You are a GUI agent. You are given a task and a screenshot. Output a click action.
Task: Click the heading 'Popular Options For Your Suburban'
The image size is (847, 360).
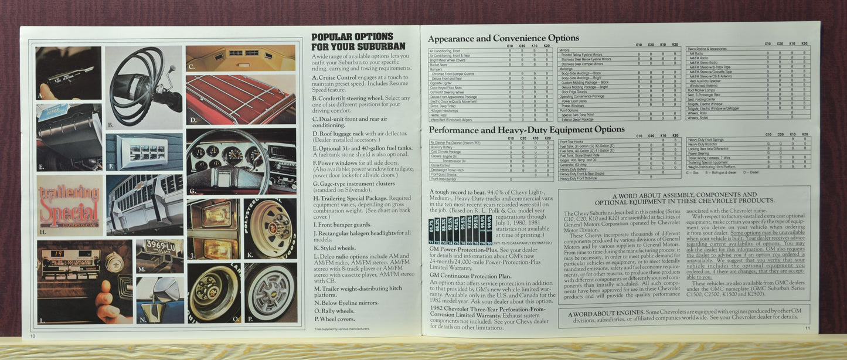click(x=358, y=41)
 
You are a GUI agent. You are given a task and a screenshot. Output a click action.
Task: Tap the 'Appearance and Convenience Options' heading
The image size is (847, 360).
click(x=503, y=39)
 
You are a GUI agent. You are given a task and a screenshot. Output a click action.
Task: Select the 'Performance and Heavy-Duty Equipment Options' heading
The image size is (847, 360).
click(x=526, y=130)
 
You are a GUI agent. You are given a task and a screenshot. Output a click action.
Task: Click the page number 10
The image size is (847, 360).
click(x=33, y=336)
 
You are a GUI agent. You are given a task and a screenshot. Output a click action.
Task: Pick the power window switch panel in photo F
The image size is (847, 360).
click(x=145, y=152)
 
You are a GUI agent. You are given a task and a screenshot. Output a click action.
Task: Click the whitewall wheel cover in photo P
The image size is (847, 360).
click(x=270, y=292)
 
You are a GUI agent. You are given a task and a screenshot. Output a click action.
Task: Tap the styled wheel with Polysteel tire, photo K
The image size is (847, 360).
click(x=270, y=228)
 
